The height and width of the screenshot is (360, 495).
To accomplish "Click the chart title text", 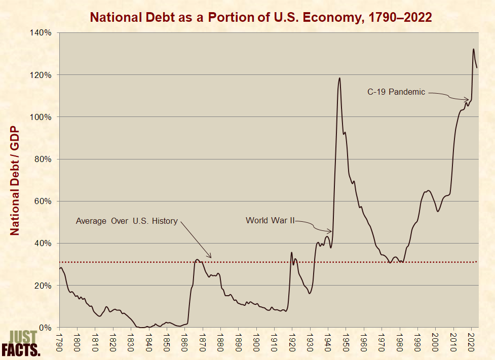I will (260, 17).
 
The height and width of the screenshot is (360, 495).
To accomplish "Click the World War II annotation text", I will (270, 220).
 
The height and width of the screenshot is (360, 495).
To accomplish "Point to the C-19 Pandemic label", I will (396, 92).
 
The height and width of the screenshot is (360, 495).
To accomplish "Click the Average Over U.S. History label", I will (127, 221).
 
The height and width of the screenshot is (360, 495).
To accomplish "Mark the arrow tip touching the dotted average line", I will (210, 258).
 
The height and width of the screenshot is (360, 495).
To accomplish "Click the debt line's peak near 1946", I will (339, 78).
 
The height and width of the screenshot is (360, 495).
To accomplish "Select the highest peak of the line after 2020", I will (473, 49).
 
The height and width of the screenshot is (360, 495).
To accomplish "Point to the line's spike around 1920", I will (291, 252).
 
